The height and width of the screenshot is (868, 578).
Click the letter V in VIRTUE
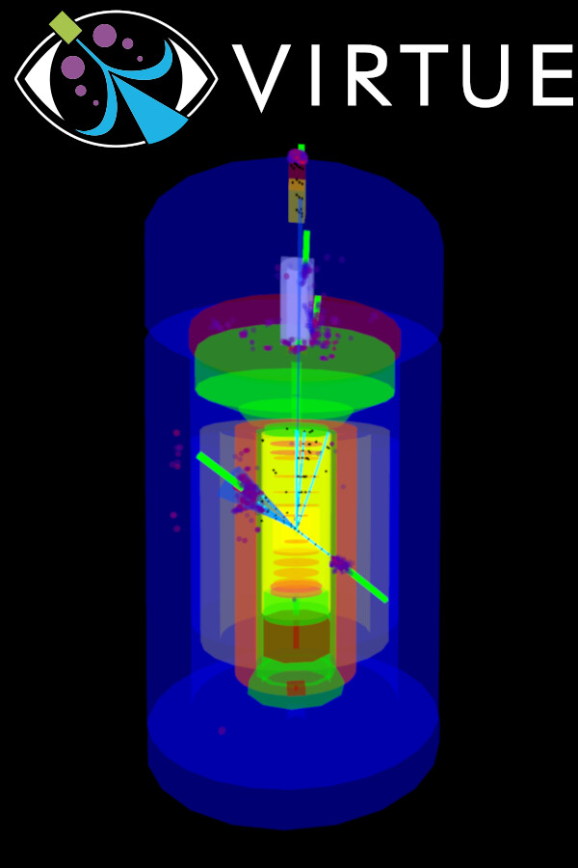coord(261,76)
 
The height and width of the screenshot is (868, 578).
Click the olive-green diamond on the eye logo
coord(66,27)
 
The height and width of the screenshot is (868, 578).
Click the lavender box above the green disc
coord(297,299)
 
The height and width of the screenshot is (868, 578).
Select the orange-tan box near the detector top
coord(297,199)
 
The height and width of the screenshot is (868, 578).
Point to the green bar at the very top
coord(302,148)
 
